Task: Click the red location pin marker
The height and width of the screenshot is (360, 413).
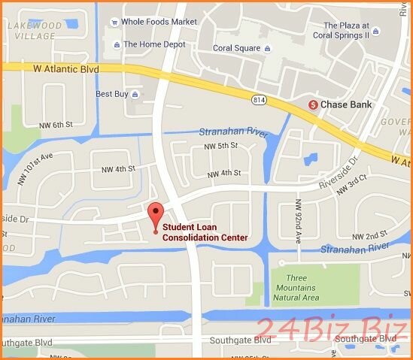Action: [x=155, y=213]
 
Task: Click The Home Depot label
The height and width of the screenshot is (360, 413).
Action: [x=154, y=44]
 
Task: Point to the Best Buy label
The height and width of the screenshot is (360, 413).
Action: [x=113, y=94]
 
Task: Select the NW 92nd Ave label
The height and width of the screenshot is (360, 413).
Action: [x=298, y=213]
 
